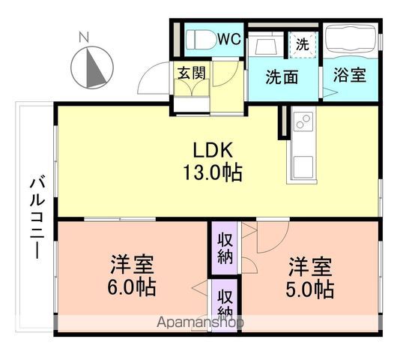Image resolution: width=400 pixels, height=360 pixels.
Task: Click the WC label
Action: tap(229, 39)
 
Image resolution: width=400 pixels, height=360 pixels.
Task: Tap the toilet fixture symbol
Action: tap(201, 40)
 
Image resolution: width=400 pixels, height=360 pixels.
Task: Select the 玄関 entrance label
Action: tap(192, 73)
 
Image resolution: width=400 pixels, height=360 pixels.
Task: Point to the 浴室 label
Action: tap(350, 75)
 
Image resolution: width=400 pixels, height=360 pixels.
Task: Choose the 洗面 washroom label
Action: tap(282, 76)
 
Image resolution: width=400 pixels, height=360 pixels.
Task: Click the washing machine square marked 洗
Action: tap(303, 45)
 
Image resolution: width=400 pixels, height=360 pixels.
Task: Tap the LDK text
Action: tap(213, 150)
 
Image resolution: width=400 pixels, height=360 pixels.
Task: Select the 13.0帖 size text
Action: tap(213, 172)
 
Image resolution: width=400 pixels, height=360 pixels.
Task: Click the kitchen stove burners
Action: tap(303, 120)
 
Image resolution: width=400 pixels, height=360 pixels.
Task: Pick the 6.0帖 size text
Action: tap(132, 288)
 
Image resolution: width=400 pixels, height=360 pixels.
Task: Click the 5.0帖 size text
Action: tap(310, 289)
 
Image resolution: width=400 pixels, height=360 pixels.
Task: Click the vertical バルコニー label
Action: tap(37, 217)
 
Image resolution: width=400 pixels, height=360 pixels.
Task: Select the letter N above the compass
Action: tap(84, 37)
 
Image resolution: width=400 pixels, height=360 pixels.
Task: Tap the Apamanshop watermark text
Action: tap(200, 322)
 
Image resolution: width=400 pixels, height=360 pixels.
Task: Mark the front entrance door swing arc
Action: tap(149, 73)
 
